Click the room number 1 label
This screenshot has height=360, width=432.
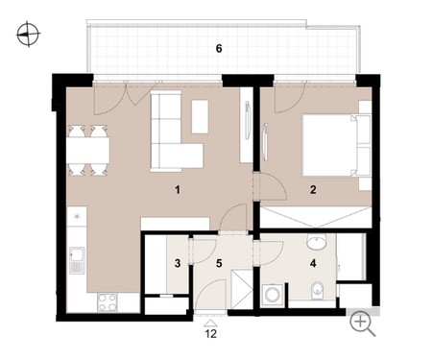point(178,190)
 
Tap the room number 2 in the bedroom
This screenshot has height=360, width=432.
point(313,190)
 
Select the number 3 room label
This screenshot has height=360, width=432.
point(178,263)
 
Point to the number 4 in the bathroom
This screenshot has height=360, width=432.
point(313,263)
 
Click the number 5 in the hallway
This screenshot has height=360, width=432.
point(219,263)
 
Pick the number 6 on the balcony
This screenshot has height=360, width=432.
point(219,49)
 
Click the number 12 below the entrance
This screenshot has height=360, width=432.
point(211,334)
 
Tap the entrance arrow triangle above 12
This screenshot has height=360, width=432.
point(211,324)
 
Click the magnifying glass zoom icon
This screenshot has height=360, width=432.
point(362,324)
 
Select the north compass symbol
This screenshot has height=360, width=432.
point(28,34)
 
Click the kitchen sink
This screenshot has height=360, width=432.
point(77,260)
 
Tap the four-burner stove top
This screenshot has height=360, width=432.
point(108,302)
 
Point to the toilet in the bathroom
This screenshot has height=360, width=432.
point(317,291)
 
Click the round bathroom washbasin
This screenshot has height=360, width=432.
point(317,241)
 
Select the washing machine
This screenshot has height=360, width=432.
point(272,295)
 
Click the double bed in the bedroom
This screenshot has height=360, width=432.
point(336,145)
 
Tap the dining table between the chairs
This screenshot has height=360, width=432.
point(88,150)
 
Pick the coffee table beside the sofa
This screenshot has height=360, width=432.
point(200,116)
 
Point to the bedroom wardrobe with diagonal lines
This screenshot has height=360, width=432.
point(316,217)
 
